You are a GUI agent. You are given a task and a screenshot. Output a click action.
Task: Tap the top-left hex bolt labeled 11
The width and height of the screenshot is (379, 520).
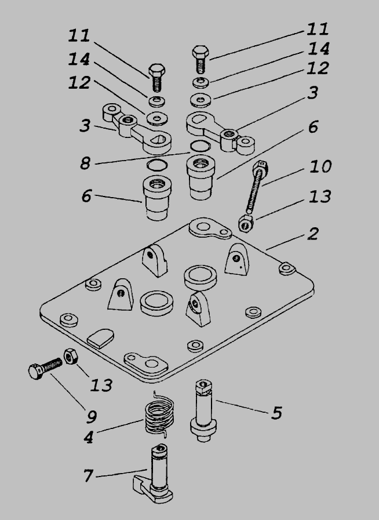coord(156,75)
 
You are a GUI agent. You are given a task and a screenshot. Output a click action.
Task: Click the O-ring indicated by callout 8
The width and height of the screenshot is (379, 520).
coord(201,147)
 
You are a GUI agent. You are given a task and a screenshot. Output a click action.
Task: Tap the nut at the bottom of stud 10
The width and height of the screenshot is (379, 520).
coord(246,222)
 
